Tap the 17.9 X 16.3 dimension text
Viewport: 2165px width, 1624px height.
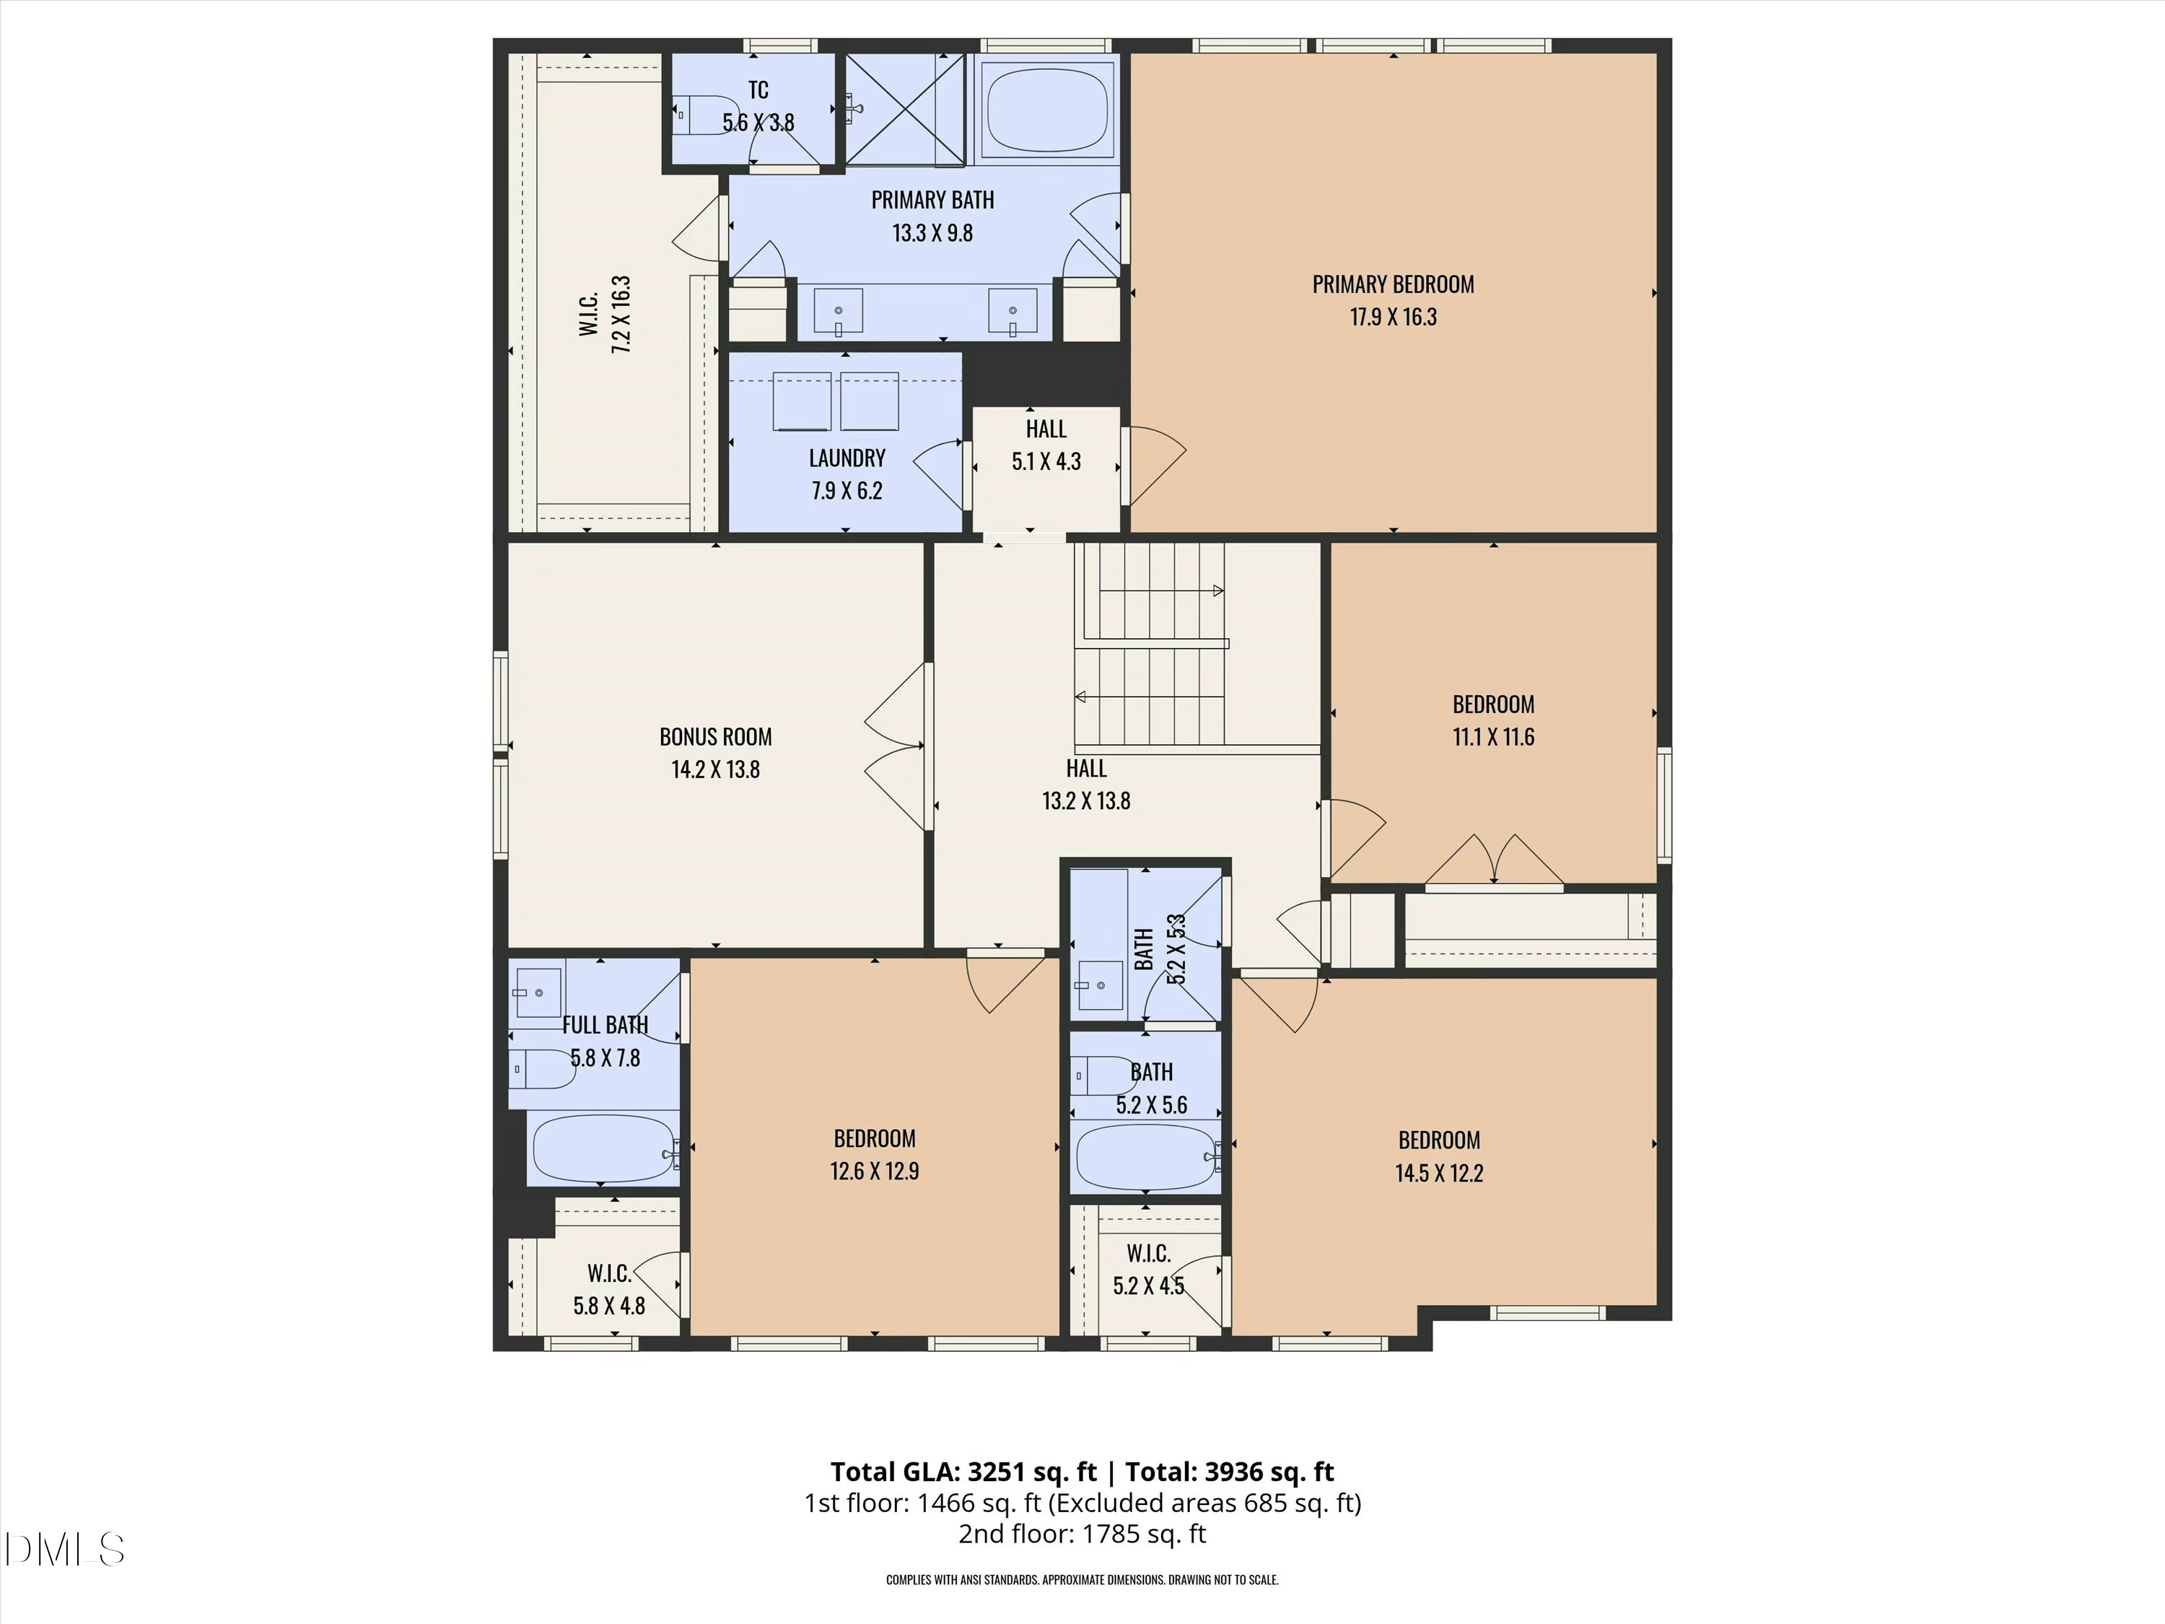pyautogui.click(x=1392, y=317)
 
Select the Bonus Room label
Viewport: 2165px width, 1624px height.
pyautogui.click(x=715, y=737)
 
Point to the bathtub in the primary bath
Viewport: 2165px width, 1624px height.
pyautogui.click(x=1046, y=109)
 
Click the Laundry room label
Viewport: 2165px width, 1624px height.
pyautogui.click(x=847, y=458)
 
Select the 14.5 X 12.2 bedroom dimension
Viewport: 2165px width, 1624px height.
pyautogui.click(x=1439, y=1174)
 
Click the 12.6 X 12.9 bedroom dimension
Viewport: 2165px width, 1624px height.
pyautogui.click(x=874, y=1171)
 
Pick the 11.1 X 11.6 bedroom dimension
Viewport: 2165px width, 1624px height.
pyautogui.click(x=1492, y=737)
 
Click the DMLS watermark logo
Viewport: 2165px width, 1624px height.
pyautogui.click(x=65, y=1550)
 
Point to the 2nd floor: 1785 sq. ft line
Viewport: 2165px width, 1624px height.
pyautogui.click(x=1082, y=1534)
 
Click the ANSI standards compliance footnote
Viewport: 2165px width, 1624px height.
pyautogui.click(x=1082, y=1580)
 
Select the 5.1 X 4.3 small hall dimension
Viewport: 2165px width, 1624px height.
pyautogui.click(x=1045, y=462)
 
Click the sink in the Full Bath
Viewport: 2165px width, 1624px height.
pyautogui.click(x=538, y=992)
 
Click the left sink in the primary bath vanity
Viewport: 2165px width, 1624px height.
pyautogui.click(x=839, y=311)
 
